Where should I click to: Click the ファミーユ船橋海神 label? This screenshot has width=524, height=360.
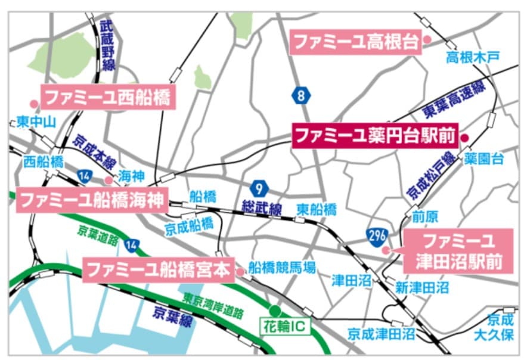click(x=91, y=199)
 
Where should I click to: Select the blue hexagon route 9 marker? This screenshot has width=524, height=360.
click(x=259, y=189)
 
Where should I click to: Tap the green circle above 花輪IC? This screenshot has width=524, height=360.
click(x=275, y=311)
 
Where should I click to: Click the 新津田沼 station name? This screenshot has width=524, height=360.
click(x=421, y=288)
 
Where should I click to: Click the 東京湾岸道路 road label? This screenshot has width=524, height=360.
click(x=213, y=305)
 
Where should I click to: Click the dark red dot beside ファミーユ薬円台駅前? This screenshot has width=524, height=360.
click(x=466, y=138)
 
